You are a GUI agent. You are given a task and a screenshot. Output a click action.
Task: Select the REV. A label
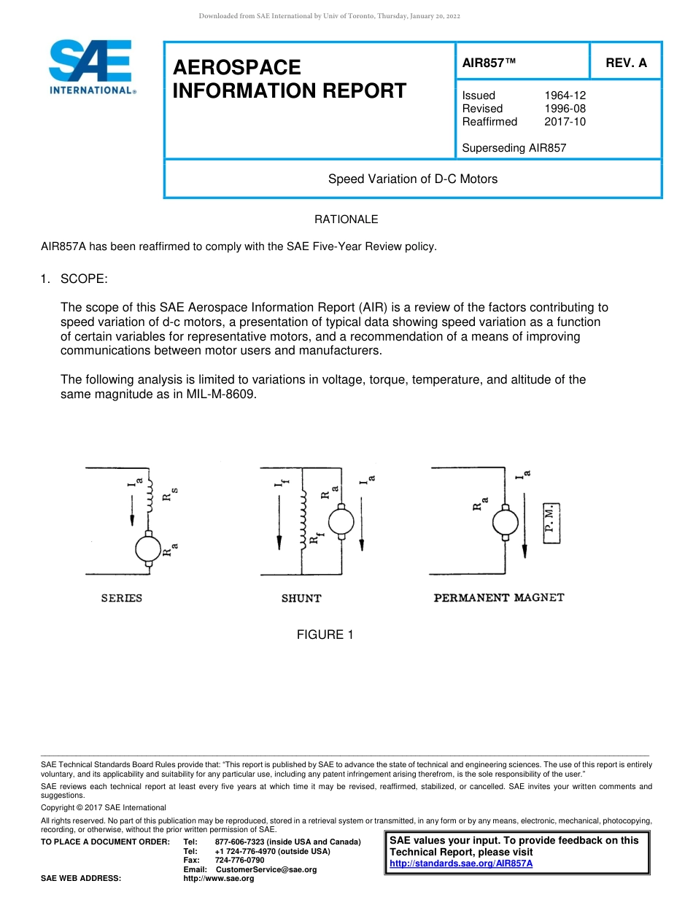pos(626,63)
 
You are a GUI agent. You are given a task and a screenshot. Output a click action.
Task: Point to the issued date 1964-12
pos(565,96)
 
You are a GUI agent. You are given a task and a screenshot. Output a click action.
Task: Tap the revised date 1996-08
pos(565,109)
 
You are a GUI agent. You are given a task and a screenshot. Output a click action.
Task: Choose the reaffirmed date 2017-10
pos(565,122)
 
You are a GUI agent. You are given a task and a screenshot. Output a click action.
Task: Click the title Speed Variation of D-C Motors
pos(412,179)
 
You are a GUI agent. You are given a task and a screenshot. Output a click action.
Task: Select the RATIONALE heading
pos(346,220)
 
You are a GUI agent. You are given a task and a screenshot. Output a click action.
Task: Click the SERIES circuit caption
pos(121,599)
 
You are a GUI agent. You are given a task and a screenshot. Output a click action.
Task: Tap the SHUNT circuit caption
pos(301,599)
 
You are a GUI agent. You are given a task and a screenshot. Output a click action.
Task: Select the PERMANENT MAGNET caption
pos(499,598)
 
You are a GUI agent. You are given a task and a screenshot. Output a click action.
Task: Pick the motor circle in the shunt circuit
pos(341,522)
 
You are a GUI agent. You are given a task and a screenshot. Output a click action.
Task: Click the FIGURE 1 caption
pos(325,635)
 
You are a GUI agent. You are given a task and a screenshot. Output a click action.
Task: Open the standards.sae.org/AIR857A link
pos(461,863)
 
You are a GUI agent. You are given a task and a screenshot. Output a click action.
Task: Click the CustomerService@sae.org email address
pos(266,869)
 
